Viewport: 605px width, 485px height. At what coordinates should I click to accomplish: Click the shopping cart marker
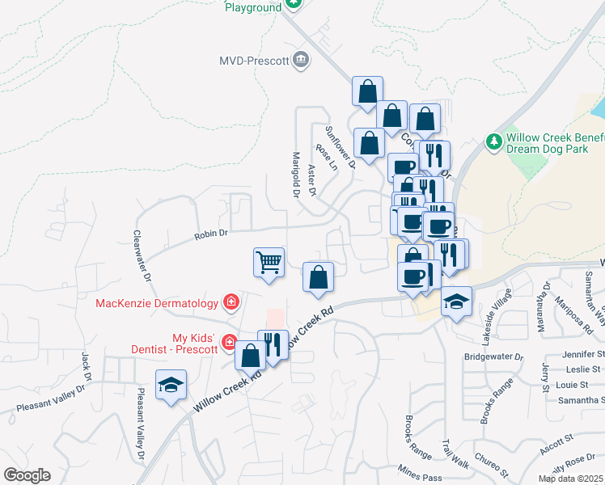(x=269, y=263)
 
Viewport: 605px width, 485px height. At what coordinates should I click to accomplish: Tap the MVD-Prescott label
(x=254, y=60)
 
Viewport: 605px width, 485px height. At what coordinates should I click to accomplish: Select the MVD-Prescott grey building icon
(x=301, y=59)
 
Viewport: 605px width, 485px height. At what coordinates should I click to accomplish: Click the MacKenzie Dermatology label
(x=157, y=303)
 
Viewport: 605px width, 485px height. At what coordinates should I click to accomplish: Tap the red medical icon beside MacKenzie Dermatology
(x=231, y=302)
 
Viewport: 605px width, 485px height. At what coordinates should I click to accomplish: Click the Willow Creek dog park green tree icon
(x=494, y=141)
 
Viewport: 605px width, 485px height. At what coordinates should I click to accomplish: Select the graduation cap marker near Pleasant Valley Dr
(x=171, y=385)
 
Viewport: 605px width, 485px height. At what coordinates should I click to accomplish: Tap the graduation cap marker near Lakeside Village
(x=456, y=302)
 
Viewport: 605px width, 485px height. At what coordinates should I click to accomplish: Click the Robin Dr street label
(x=212, y=234)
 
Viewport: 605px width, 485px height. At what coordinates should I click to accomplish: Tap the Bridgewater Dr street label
(x=493, y=356)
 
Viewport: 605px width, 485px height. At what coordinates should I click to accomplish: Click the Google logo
(x=27, y=475)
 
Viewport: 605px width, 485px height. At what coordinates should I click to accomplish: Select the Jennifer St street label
(x=583, y=353)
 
